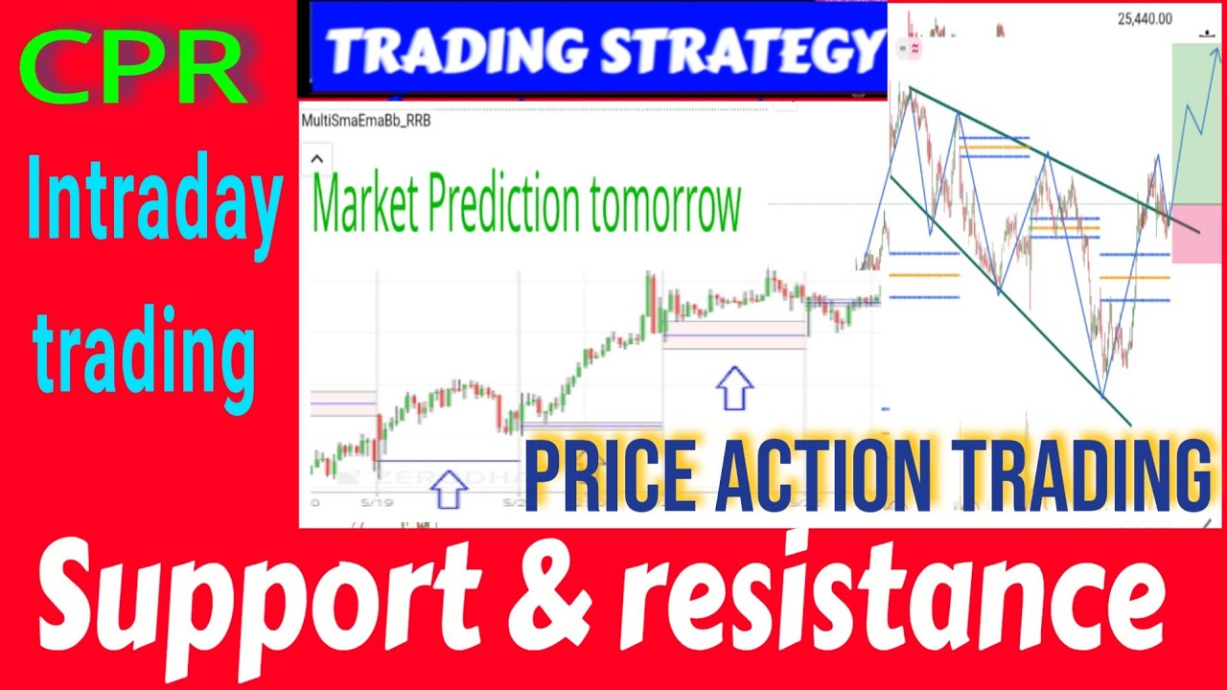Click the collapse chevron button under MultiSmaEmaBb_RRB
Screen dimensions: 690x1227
[x=317, y=158]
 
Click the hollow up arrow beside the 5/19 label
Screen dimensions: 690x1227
[x=449, y=489]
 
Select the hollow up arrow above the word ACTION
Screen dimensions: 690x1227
[x=735, y=387]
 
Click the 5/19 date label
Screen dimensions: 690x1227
[x=371, y=501]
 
